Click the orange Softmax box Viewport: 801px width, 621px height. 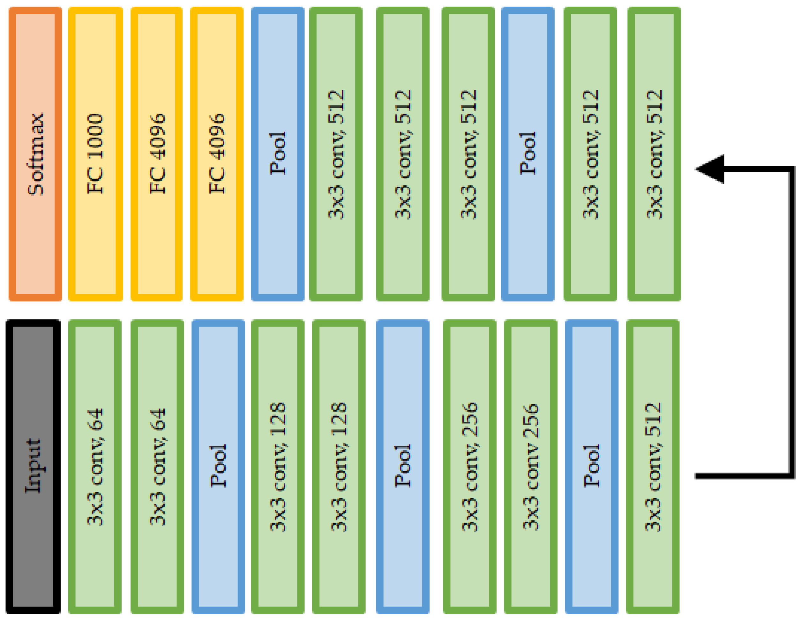tap(35, 154)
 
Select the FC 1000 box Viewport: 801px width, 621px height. tap(95, 154)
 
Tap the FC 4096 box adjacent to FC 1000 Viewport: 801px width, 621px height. tap(157, 154)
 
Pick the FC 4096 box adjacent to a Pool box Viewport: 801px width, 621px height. tap(217, 154)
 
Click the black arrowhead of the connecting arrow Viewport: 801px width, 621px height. tap(712, 169)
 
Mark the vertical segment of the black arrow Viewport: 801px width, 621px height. tap(791, 323)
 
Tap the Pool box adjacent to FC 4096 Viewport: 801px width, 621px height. tap(278, 154)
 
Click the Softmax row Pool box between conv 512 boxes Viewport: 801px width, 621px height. tap(528, 154)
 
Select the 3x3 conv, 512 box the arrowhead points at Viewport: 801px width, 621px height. tap(654, 154)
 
